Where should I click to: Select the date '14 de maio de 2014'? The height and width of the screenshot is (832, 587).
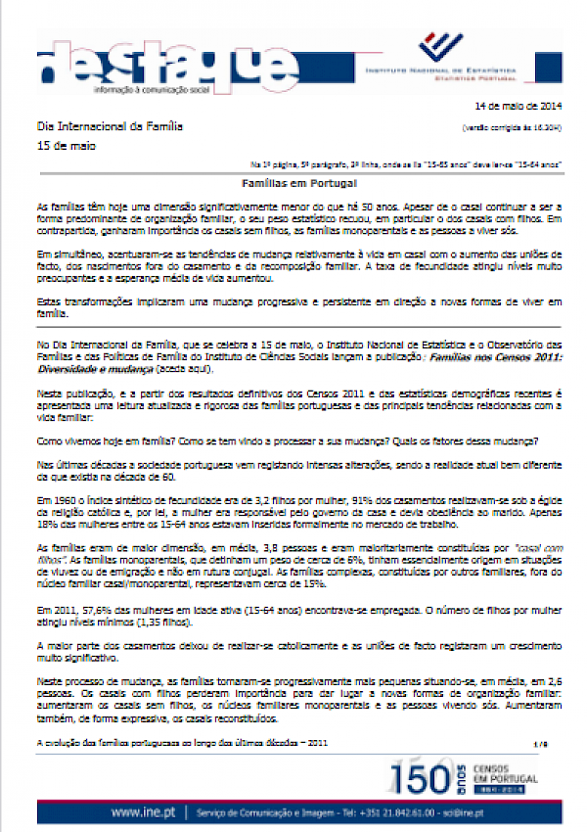coord(518,106)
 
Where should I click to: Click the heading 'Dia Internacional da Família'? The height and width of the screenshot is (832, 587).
coord(109,126)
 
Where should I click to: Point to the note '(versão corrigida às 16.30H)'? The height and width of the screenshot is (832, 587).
coord(511,128)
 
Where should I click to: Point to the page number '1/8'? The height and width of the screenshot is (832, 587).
coord(541,745)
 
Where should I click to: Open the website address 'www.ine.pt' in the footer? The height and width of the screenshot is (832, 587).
coord(144,812)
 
